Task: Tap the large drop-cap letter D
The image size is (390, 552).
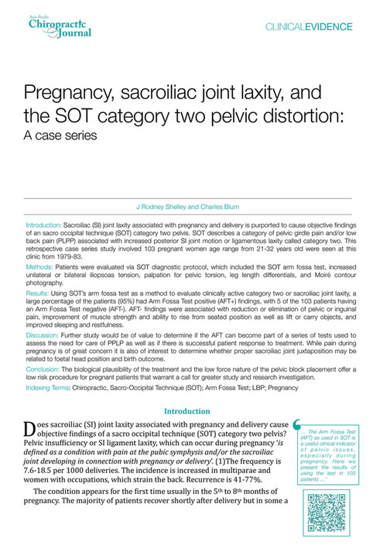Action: (x=31, y=430)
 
